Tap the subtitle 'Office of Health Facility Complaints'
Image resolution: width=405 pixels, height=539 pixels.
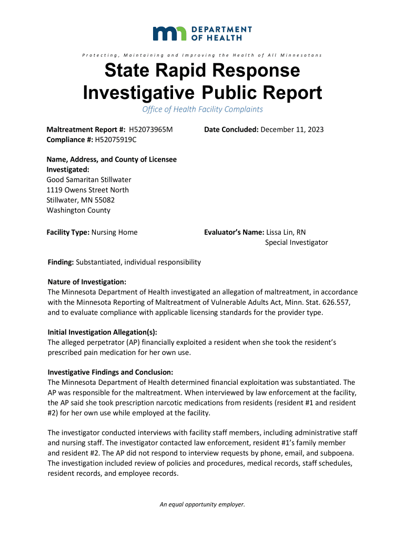pos(202,109)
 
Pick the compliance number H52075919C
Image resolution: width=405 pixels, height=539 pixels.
pos(116,139)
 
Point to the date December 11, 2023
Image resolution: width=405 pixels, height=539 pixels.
pos(292,129)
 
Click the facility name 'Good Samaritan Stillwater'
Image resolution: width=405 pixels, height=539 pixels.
pos(89,179)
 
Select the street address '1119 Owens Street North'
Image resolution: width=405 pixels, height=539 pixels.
pos(88,189)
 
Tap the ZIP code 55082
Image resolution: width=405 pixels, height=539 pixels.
pos(105,200)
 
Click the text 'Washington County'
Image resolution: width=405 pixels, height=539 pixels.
pos(78,210)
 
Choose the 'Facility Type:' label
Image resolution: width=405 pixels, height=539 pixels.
pos(68,232)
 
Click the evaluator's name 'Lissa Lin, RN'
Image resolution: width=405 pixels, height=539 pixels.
pos(286,232)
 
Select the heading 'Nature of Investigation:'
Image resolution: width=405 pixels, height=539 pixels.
pos(87,282)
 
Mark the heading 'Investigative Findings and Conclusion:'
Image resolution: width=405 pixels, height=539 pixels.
pos(110,372)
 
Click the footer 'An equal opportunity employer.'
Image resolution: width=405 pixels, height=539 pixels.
pos(202,505)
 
